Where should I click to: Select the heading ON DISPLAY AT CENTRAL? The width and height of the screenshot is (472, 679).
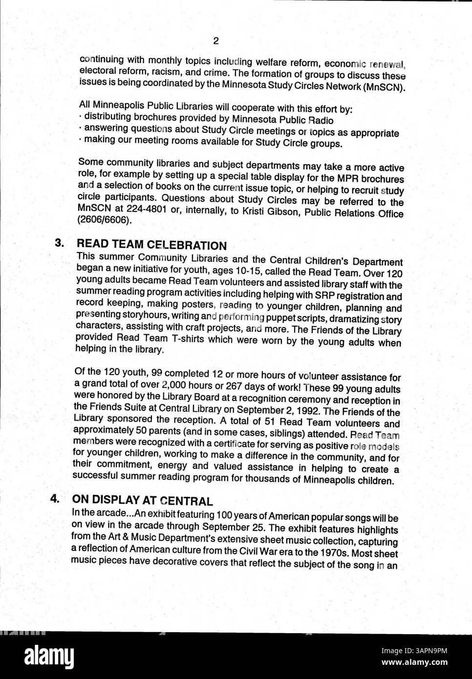142,501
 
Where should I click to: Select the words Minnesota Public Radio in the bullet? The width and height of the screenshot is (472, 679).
283,120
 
